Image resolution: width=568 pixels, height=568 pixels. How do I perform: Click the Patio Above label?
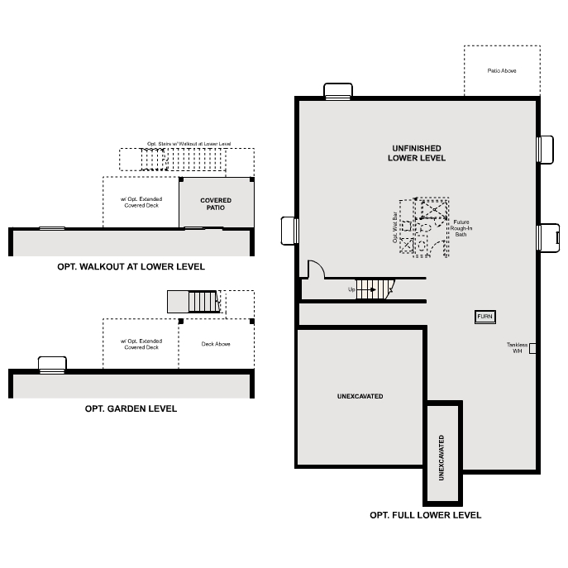(x=501, y=71)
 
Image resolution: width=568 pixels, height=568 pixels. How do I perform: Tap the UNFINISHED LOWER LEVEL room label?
(x=418, y=153)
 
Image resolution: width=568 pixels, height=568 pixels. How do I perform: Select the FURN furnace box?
(x=484, y=317)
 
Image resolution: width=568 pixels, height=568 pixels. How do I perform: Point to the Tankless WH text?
(x=518, y=348)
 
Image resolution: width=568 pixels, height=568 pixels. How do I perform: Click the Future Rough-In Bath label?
(x=461, y=228)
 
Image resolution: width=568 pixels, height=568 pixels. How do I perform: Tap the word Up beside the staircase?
(x=351, y=290)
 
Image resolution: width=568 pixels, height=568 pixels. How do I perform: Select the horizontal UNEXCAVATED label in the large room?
(x=360, y=397)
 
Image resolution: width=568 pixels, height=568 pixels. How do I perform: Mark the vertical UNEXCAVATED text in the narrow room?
(x=442, y=458)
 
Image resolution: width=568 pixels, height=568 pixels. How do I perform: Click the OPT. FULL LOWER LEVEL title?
(x=425, y=515)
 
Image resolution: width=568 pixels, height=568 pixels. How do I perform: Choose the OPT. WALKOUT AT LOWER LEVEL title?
(x=131, y=267)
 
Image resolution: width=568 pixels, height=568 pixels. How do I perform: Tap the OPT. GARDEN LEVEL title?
(x=131, y=408)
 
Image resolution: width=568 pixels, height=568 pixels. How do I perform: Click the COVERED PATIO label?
(x=216, y=203)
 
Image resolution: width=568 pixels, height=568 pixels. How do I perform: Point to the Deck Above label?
(x=216, y=344)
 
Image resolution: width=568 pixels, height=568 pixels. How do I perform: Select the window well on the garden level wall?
(x=52, y=364)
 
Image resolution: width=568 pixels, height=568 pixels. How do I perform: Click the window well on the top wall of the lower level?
(x=338, y=91)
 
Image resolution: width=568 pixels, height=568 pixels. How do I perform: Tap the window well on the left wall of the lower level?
(x=289, y=231)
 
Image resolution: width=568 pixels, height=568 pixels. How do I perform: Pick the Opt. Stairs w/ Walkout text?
(x=189, y=144)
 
